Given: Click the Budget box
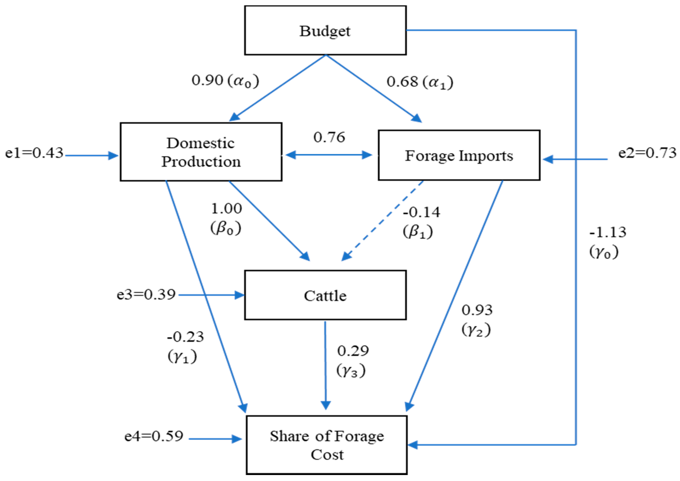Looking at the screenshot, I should coord(325,30).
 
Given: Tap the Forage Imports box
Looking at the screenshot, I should coord(459,155).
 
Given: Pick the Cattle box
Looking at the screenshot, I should coord(325,295).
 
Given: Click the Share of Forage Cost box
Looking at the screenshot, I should coord(326,445).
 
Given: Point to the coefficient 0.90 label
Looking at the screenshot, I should coord(207,80).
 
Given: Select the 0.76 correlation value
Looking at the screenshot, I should coord(329,137).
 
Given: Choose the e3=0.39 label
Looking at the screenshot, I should coord(146,294).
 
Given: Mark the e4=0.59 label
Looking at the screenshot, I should coord(154,436).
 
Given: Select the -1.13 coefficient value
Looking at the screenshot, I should coord(608,232).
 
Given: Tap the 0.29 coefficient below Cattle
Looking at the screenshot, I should coord(353,351).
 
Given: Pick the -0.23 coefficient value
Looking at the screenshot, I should coord(185,337).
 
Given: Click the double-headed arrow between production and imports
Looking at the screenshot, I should coord(329,155).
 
